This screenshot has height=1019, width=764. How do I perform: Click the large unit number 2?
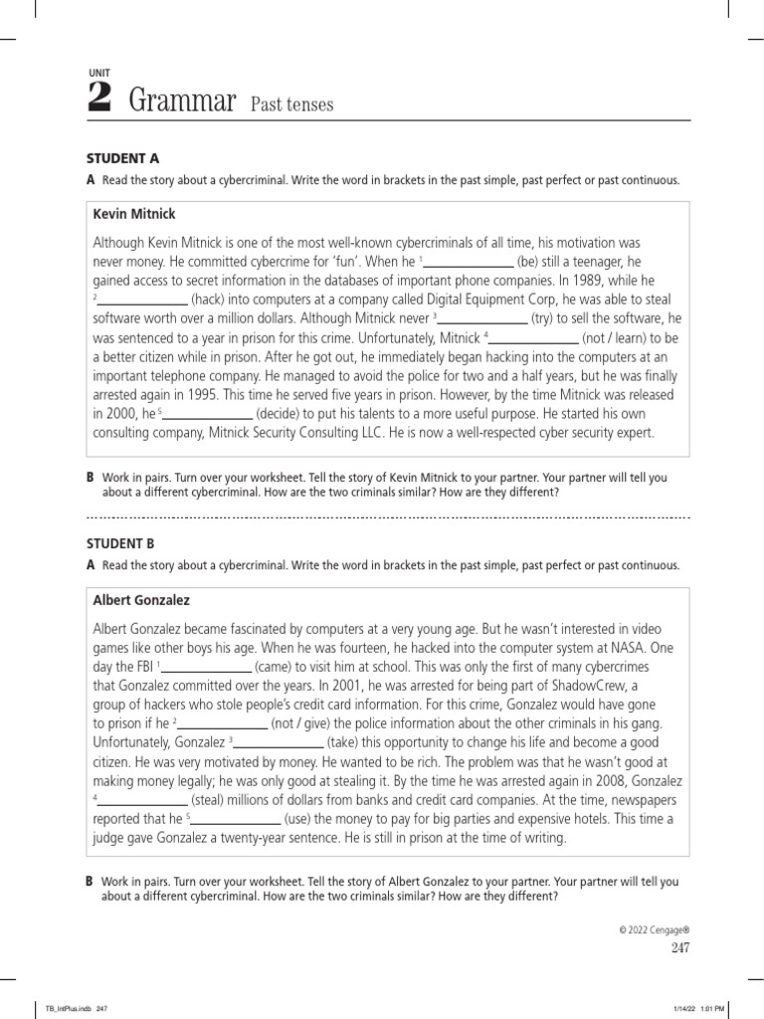pyautogui.click(x=98, y=99)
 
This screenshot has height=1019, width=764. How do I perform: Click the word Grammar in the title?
pyautogui.click(x=182, y=101)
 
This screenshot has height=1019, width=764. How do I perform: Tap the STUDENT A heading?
pyautogui.click(x=123, y=157)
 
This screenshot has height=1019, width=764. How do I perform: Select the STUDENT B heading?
pyautogui.click(x=123, y=543)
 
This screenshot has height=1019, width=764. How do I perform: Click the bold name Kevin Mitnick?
pyautogui.click(x=134, y=214)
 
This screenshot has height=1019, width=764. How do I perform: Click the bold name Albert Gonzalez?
pyautogui.click(x=141, y=601)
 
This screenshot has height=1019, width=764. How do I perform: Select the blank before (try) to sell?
pyautogui.click(x=483, y=318)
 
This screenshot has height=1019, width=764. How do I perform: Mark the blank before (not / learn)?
pyautogui.click(x=534, y=338)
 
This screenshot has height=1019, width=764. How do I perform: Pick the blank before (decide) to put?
pyautogui.click(x=207, y=414)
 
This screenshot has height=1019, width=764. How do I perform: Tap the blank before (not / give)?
pyautogui.click(x=223, y=724)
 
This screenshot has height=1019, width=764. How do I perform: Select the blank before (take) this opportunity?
pyautogui.click(x=279, y=743)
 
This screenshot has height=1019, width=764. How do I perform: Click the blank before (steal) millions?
pyautogui.click(x=141, y=801)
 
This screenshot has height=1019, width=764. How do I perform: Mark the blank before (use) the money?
pyautogui.click(x=236, y=820)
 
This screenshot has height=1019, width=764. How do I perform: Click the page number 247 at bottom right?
pyautogui.click(x=679, y=948)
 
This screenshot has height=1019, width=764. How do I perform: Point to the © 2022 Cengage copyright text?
pyautogui.click(x=654, y=929)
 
